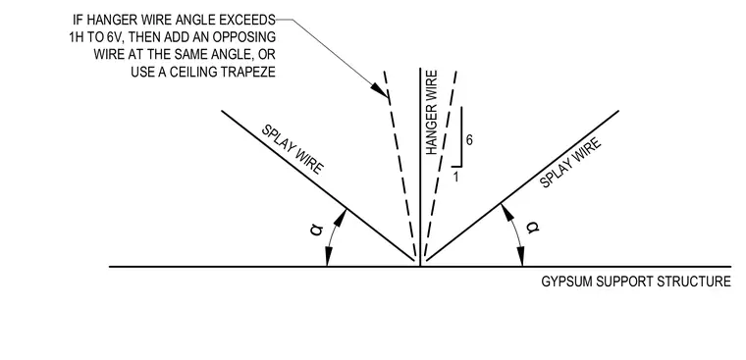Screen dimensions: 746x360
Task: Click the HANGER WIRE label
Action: click(x=432, y=113)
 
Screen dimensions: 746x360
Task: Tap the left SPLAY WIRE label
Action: click(x=293, y=149)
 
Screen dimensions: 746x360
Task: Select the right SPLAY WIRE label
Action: click(x=570, y=163)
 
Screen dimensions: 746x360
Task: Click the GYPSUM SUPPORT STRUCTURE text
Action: click(x=636, y=282)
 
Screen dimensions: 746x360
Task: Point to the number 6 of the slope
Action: click(x=469, y=140)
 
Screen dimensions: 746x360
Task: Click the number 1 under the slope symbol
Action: click(x=455, y=178)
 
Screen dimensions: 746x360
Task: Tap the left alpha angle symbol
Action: click(x=317, y=230)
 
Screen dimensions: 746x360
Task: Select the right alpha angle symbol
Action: click(x=533, y=228)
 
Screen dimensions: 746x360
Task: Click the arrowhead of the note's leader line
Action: click(x=381, y=90)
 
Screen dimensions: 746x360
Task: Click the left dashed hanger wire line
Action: click(x=400, y=164)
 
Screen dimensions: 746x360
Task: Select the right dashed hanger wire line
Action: click(x=440, y=164)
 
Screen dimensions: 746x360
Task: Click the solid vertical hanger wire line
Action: click(x=420, y=167)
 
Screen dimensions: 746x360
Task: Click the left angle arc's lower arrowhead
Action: click(x=327, y=257)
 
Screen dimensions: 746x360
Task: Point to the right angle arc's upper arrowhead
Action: click(x=506, y=212)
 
